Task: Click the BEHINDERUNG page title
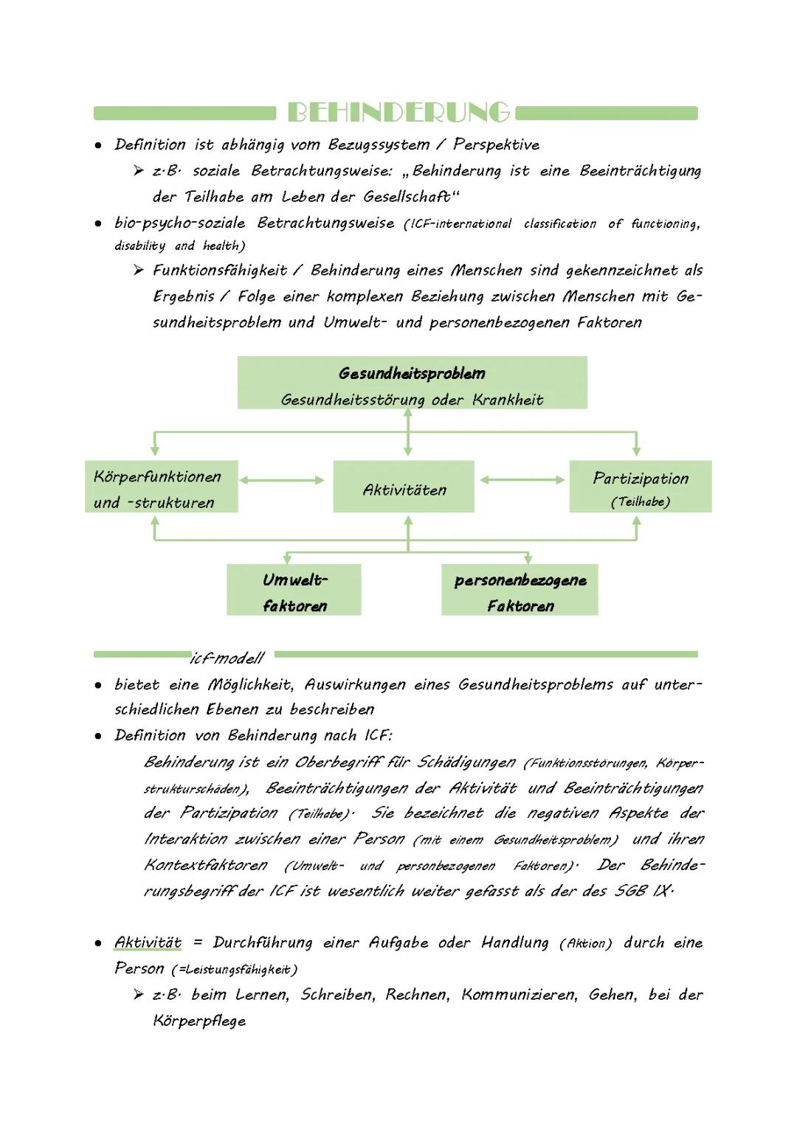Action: click(x=398, y=112)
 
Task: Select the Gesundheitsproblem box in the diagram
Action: click(x=412, y=383)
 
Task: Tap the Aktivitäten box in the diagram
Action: click(x=404, y=487)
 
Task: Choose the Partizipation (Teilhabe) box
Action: click(x=640, y=487)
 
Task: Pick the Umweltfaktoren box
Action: click(x=294, y=590)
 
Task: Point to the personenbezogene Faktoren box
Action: click(x=520, y=590)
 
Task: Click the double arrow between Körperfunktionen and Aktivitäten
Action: click(x=281, y=480)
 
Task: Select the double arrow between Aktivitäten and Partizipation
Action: click(x=522, y=480)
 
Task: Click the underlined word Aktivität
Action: click(x=148, y=942)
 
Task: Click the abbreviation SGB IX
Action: click(x=643, y=891)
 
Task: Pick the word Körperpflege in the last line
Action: click(x=199, y=1021)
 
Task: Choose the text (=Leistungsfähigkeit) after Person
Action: click(x=235, y=970)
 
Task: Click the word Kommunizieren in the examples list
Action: click(x=520, y=995)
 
